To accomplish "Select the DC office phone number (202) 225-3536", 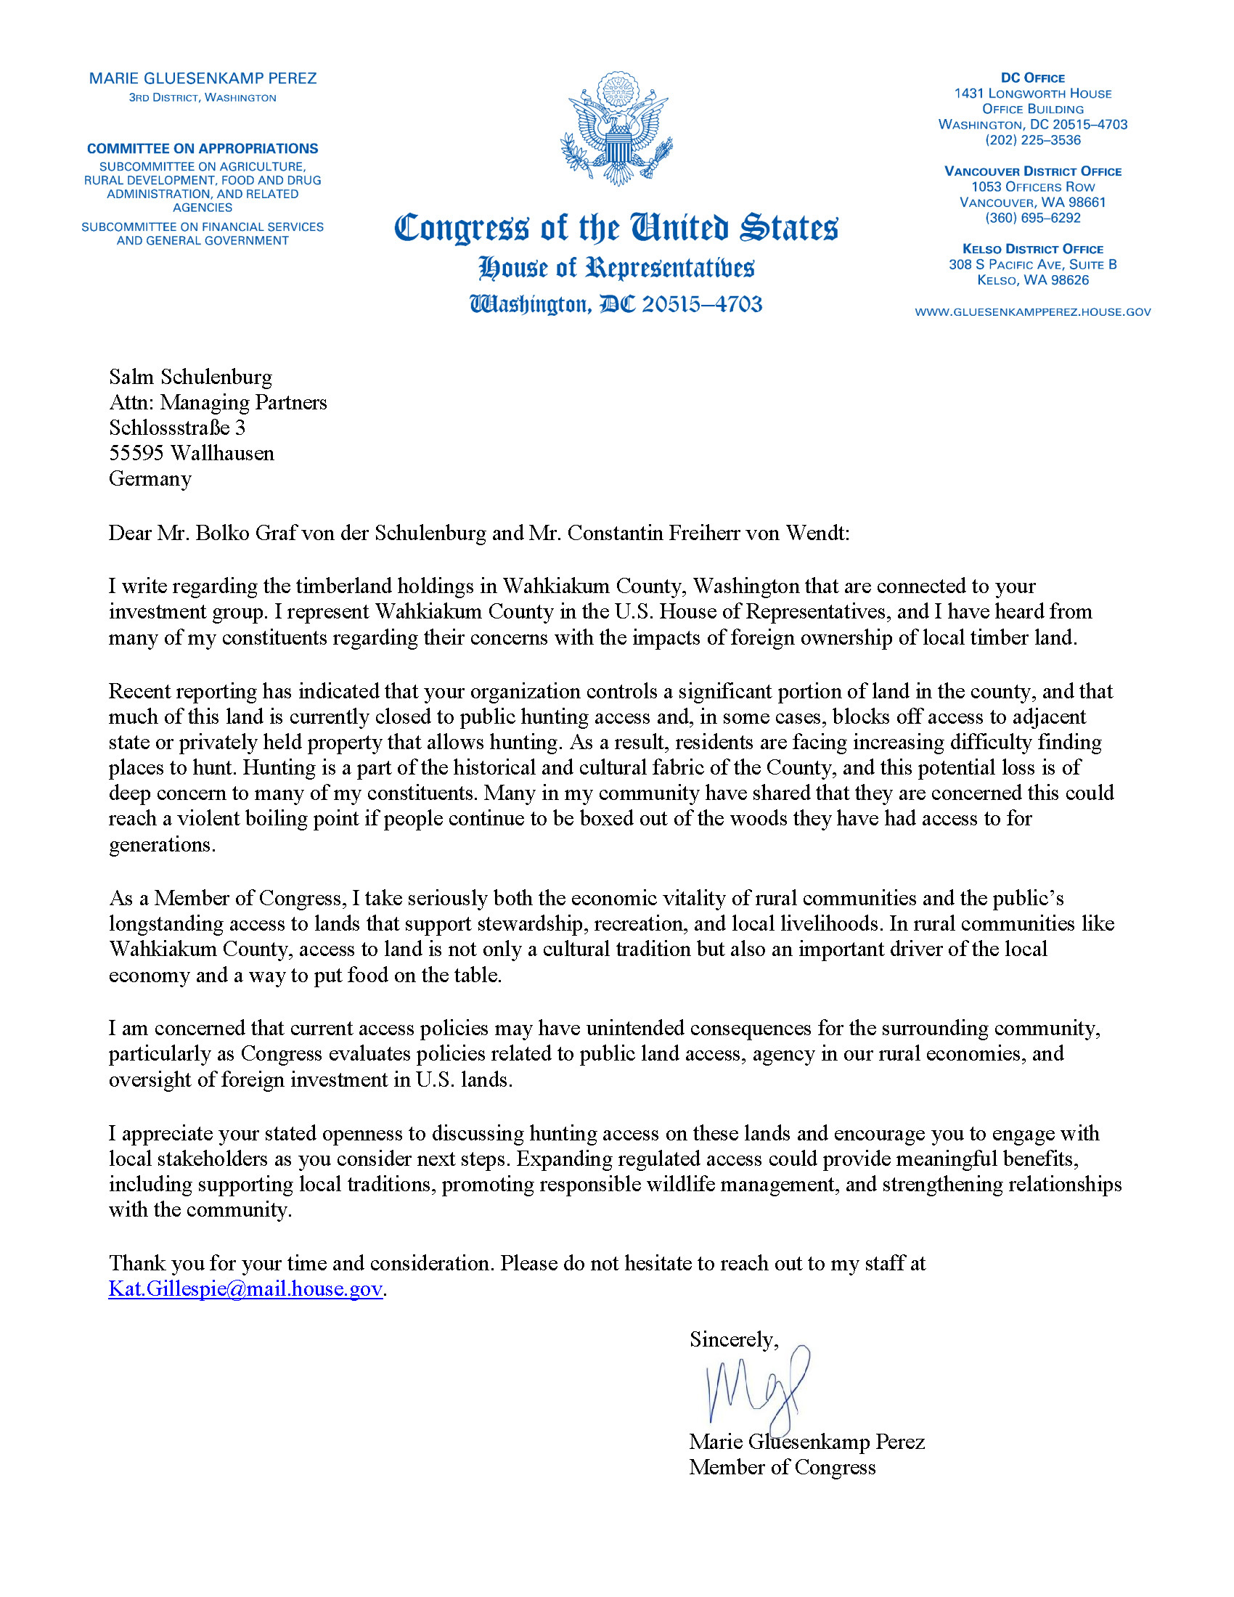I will click(1032, 139).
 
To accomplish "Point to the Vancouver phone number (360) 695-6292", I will click(1032, 218).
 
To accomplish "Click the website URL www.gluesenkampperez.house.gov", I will click(1032, 312).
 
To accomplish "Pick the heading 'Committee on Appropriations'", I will click(203, 148).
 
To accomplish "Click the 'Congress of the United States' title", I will click(616, 227).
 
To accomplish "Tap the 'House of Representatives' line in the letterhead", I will click(616, 269).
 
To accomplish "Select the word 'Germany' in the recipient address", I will click(150, 478).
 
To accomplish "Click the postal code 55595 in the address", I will click(136, 454).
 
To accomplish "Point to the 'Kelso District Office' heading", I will click(1032, 249).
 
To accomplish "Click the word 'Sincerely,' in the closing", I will click(734, 1339).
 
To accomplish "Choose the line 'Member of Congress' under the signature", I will click(782, 1467).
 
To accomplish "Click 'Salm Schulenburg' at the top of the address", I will click(190, 377).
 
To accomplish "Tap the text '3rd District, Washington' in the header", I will click(203, 98).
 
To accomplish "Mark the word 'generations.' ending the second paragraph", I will click(163, 844).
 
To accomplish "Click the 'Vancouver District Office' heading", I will click(1032, 171).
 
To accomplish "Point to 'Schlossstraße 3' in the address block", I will click(177, 428).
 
